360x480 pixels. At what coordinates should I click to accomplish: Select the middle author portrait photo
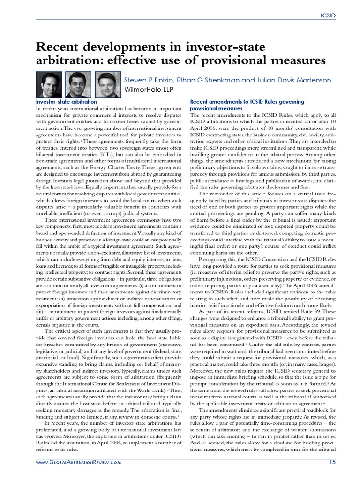click(x=78, y=85)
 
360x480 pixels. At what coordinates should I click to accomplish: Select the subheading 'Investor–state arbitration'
click(x=67, y=101)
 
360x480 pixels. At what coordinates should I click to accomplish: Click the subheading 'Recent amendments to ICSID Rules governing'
click(x=247, y=101)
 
